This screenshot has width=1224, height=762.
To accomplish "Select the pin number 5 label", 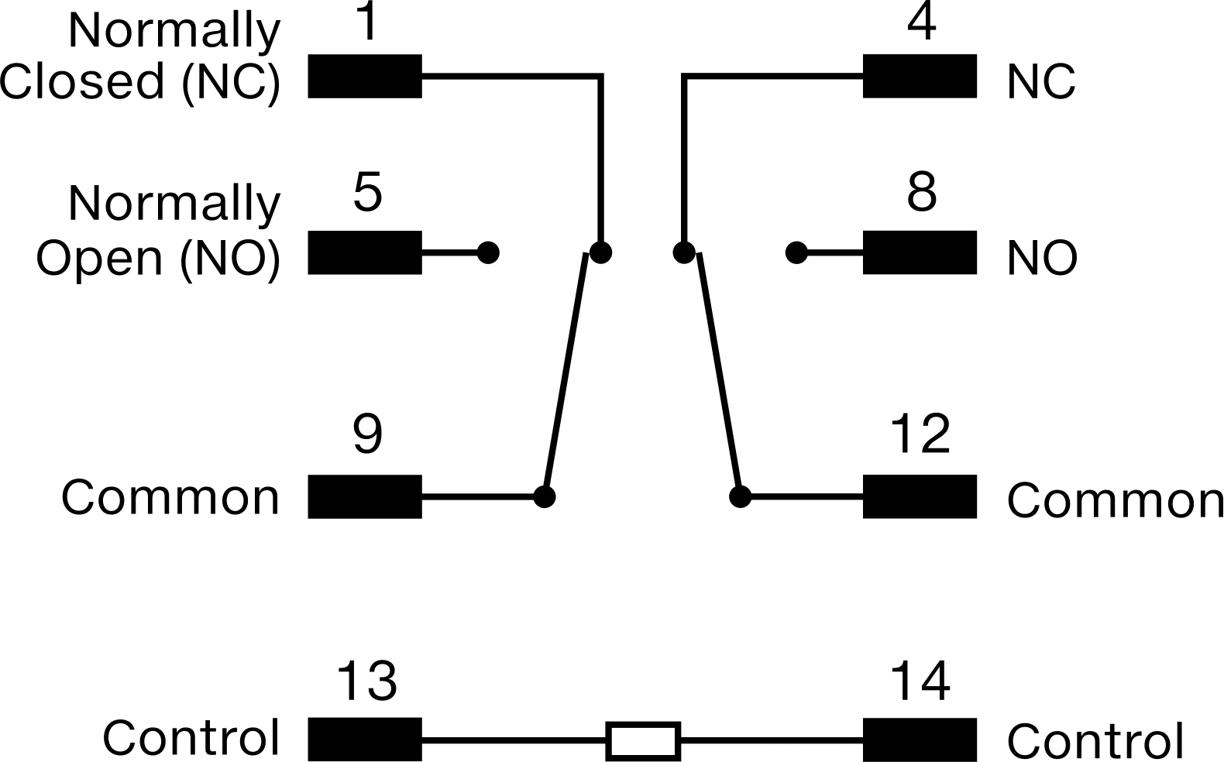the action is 367,192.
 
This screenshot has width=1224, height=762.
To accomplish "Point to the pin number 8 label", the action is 922,192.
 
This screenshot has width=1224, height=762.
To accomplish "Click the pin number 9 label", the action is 367,434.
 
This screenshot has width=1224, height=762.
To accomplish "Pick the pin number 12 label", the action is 921,434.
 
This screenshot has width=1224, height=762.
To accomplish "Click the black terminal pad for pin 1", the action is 365,76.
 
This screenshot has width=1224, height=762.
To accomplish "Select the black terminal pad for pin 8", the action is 920,252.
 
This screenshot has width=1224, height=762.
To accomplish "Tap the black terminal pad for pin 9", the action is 365,496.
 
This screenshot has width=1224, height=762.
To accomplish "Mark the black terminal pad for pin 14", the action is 920,740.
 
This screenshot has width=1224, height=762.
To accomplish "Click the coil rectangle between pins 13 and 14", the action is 643,740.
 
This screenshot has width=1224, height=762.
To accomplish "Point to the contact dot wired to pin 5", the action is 488,252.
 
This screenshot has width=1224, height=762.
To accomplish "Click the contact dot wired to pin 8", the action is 796,253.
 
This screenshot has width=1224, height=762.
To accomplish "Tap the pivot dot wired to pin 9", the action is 545,496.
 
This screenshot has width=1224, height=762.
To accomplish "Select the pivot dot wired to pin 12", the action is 741,496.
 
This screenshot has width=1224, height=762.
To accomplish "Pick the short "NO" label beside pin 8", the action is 1042,259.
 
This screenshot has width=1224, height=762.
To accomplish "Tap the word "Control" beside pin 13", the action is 191,738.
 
